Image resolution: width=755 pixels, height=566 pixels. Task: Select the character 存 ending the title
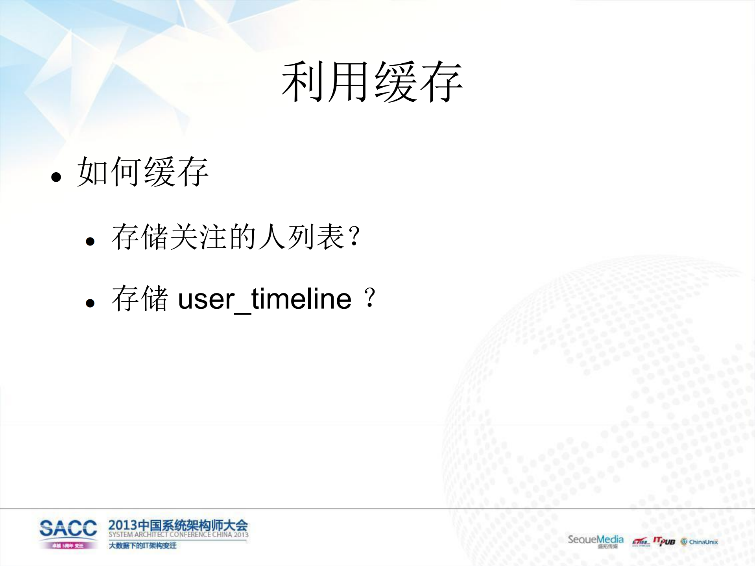[x=441, y=82]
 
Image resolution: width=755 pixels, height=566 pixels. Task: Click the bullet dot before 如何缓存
[x=56, y=177]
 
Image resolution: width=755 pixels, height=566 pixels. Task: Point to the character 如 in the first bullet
[x=92, y=171]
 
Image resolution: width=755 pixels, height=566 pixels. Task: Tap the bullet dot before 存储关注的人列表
[x=90, y=241]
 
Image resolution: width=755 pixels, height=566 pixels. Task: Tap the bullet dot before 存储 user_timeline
[x=90, y=303]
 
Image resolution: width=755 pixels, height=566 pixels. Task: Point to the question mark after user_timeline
[x=370, y=298]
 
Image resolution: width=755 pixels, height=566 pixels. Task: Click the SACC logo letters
[x=68, y=528]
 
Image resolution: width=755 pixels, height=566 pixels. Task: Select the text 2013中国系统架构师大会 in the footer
[x=178, y=525]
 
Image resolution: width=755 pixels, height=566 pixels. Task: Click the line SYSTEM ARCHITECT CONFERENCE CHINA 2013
[x=178, y=535]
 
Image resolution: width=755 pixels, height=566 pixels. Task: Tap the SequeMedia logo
[x=595, y=540]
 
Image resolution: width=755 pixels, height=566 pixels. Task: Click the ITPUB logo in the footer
[x=664, y=542]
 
